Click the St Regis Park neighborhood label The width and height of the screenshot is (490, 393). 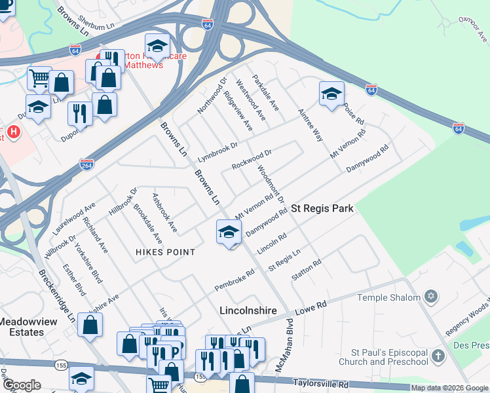tap(322, 208)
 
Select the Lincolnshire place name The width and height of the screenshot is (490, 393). tap(248, 310)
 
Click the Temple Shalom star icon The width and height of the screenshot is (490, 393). tap(430, 297)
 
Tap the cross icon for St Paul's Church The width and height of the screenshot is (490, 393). tap(438, 356)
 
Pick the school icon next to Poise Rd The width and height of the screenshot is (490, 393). tap(331, 94)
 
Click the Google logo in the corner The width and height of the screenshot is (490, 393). tap(22, 385)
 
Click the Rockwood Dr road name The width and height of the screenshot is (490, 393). tap(250, 159)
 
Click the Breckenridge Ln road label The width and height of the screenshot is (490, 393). tap(56, 293)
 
